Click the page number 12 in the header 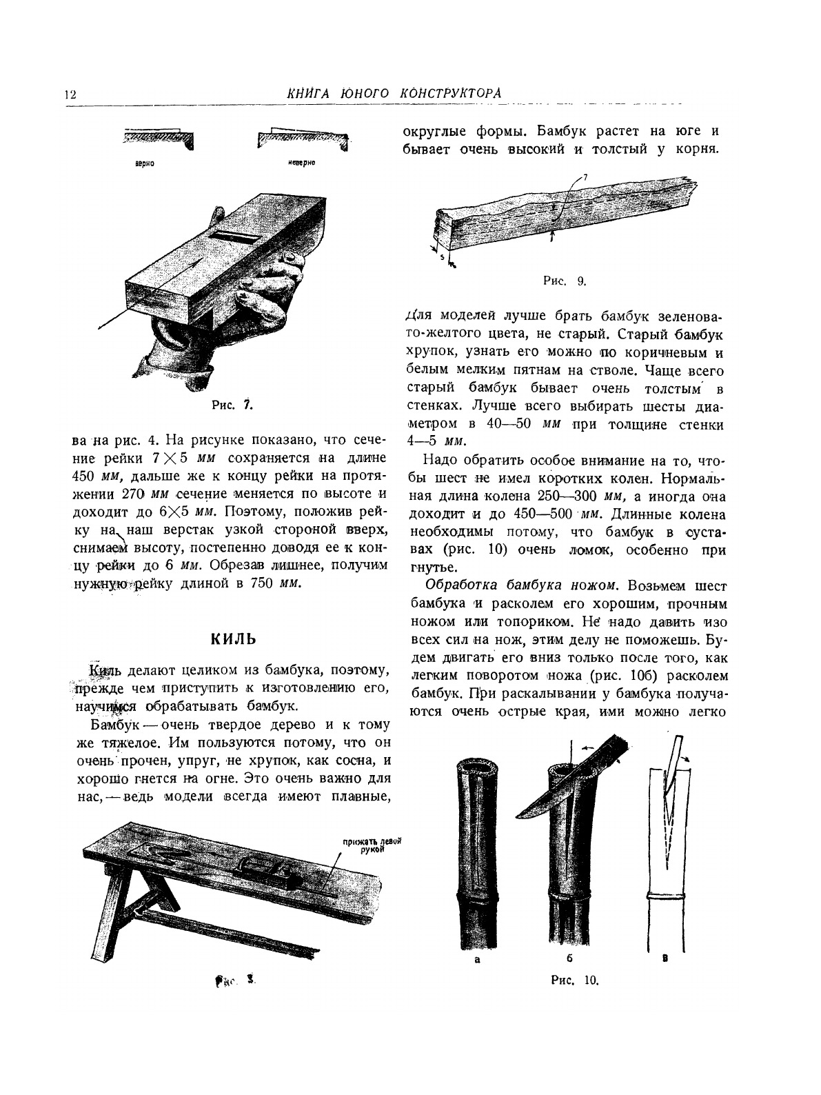(x=70, y=94)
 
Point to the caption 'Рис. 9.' (x=565, y=280)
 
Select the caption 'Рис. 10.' (x=575, y=980)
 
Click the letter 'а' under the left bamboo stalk (x=477, y=961)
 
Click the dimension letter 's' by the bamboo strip (x=442, y=257)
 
